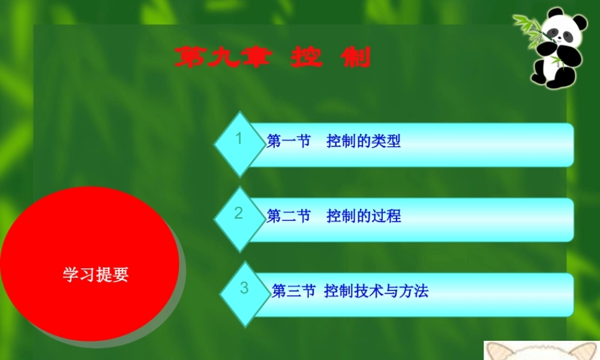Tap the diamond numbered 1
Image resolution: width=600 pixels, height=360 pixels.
pos(240,143)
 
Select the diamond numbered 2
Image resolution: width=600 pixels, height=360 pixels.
pos(240,217)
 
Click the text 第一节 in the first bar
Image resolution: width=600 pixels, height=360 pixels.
pos(288,142)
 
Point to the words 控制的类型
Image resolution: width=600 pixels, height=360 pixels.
pos(364,142)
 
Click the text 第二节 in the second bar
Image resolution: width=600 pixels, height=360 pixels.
pos(288,216)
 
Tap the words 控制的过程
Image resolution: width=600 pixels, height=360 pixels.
pos(364,216)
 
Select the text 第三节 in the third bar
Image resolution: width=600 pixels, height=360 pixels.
pos(293,292)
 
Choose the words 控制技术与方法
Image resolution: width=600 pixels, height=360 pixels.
pos(376,292)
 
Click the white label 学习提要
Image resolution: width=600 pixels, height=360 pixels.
pos(95,275)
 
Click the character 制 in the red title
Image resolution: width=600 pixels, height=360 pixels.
pos(355,58)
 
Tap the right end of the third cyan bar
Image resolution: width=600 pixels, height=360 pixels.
pos(564,295)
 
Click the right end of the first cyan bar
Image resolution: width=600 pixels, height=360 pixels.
pos(564,145)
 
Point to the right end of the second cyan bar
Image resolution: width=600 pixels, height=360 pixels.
pos(564,220)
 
